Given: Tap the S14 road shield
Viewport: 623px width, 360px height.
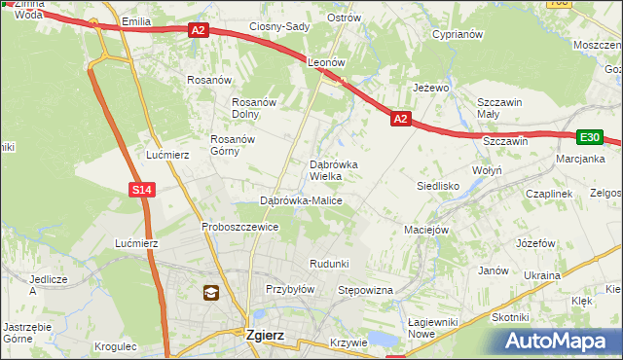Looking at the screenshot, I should point(142,190).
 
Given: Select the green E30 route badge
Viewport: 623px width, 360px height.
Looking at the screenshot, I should point(590,138).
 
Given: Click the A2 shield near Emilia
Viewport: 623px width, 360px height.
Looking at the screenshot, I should point(199,30).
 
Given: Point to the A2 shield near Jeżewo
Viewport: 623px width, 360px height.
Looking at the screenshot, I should point(400,119).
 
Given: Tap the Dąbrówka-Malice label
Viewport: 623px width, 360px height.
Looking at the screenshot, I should point(301,200).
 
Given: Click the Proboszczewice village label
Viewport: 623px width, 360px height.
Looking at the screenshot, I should point(240,227).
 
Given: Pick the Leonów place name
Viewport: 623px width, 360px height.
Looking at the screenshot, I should point(327,61).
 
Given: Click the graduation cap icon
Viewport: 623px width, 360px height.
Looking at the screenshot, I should point(211,292).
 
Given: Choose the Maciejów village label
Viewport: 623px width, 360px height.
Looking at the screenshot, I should point(425,230).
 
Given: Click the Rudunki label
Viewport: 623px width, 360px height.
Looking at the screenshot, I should point(329,264).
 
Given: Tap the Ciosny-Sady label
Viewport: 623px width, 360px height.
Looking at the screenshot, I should point(278,26).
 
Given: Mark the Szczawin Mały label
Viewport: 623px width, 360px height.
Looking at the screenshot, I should point(500,108).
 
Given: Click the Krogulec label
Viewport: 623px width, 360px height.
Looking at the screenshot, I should point(116,346).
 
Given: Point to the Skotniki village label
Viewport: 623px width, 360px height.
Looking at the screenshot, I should point(510,317).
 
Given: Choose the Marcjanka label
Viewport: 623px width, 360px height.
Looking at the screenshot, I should point(581,159).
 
